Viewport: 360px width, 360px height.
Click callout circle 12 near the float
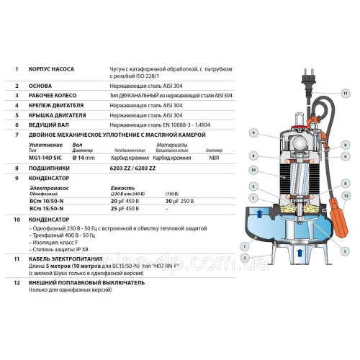point(346,196)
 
